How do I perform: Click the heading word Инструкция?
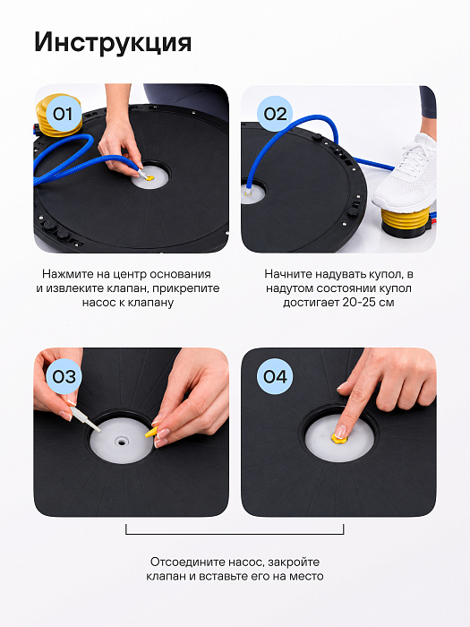click(113, 43)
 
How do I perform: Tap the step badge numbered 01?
click(64, 114)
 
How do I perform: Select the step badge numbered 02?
click(275, 114)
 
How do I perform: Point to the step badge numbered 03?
click(64, 376)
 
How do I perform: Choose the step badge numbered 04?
click(275, 376)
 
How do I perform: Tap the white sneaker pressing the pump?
click(406, 173)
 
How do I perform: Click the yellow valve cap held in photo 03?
click(151, 433)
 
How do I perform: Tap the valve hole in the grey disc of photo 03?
click(120, 442)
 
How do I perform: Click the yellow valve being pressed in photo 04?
click(339, 438)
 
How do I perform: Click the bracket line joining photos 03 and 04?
click(235, 534)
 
